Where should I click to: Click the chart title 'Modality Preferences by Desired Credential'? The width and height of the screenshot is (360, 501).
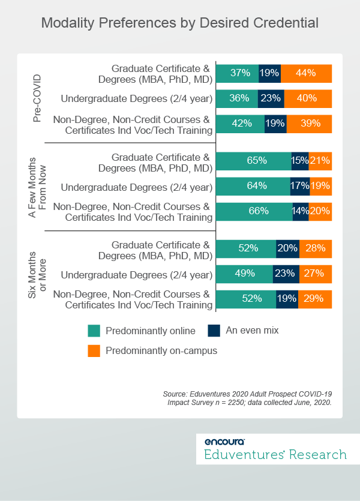click(180, 23)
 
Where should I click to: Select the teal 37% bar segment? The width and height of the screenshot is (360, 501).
click(237, 73)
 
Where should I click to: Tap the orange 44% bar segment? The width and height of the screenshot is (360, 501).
click(306, 73)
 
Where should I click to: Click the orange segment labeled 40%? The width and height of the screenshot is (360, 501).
click(308, 98)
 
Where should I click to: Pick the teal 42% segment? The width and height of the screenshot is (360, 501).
click(239, 124)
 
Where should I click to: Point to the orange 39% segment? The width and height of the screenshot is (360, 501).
click(309, 124)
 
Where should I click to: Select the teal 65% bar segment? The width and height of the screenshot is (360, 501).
click(253, 161)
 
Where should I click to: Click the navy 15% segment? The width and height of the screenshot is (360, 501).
click(300, 161)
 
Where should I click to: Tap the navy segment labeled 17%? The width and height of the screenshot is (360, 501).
click(300, 186)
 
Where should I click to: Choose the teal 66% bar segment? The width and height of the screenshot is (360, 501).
click(254, 211)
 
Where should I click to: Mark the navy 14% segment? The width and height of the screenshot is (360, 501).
click(301, 211)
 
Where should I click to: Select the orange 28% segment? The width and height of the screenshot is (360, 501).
click(316, 248)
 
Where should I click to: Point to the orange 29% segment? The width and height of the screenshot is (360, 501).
click(315, 299)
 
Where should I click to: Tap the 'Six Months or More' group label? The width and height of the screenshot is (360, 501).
click(38, 274)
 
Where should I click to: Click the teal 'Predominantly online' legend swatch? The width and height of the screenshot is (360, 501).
click(94, 331)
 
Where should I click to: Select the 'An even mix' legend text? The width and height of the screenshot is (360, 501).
click(252, 330)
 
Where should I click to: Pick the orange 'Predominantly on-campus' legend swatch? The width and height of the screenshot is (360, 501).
click(94, 350)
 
